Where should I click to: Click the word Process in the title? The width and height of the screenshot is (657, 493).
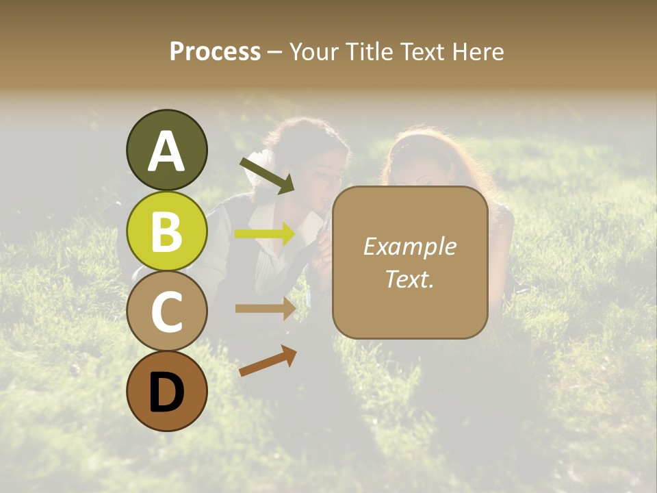215,51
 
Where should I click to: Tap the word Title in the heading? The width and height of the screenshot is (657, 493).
369,51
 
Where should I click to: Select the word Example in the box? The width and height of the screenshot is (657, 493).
409,246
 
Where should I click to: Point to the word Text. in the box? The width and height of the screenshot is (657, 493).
409,279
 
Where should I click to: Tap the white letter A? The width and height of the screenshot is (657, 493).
166,152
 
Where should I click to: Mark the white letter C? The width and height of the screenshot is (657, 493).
166,312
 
